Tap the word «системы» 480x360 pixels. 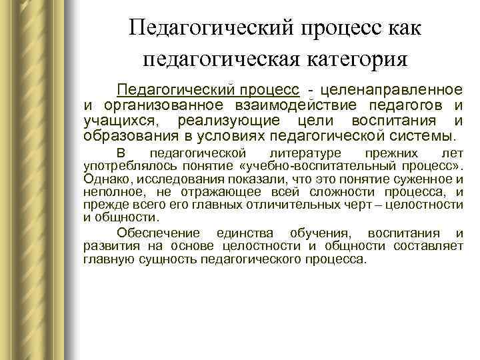coord(423,137)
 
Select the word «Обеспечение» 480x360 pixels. coord(158,233)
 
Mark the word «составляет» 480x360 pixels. coord(429,246)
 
